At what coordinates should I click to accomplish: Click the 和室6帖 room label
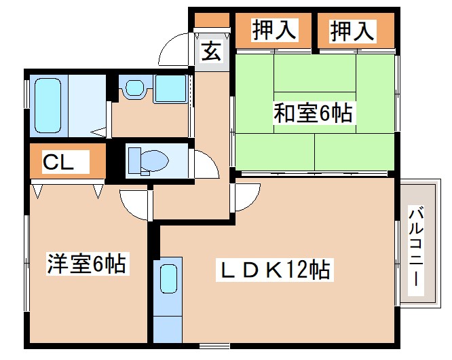[x=313, y=113]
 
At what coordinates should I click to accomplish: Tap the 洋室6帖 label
[x=87, y=263]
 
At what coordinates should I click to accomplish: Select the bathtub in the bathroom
[x=48, y=105]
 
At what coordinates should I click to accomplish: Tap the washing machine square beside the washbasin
[x=170, y=89]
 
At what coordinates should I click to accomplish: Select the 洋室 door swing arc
[x=133, y=202]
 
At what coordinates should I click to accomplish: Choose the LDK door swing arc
[x=246, y=198]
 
